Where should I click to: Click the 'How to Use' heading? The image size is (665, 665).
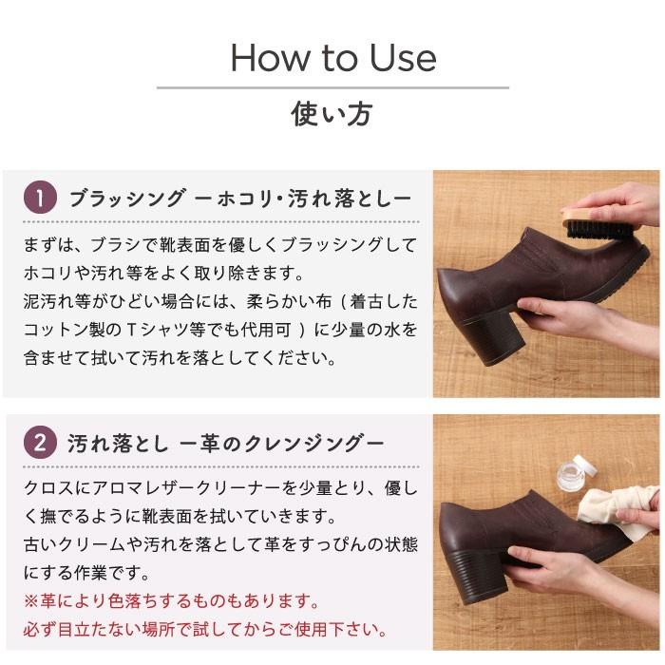click(x=333, y=58)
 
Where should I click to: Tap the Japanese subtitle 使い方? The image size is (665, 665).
click(x=332, y=114)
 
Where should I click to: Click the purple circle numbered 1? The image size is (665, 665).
click(x=40, y=198)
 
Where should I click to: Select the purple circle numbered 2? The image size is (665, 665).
click(x=40, y=443)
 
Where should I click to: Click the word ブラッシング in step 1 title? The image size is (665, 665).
click(x=127, y=199)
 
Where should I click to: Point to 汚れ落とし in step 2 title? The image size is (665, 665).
click(x=118, y=444)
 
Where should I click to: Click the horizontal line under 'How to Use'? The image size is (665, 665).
click(x=332, y=87)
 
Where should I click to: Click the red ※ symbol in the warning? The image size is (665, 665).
click(x=31, y=601)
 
